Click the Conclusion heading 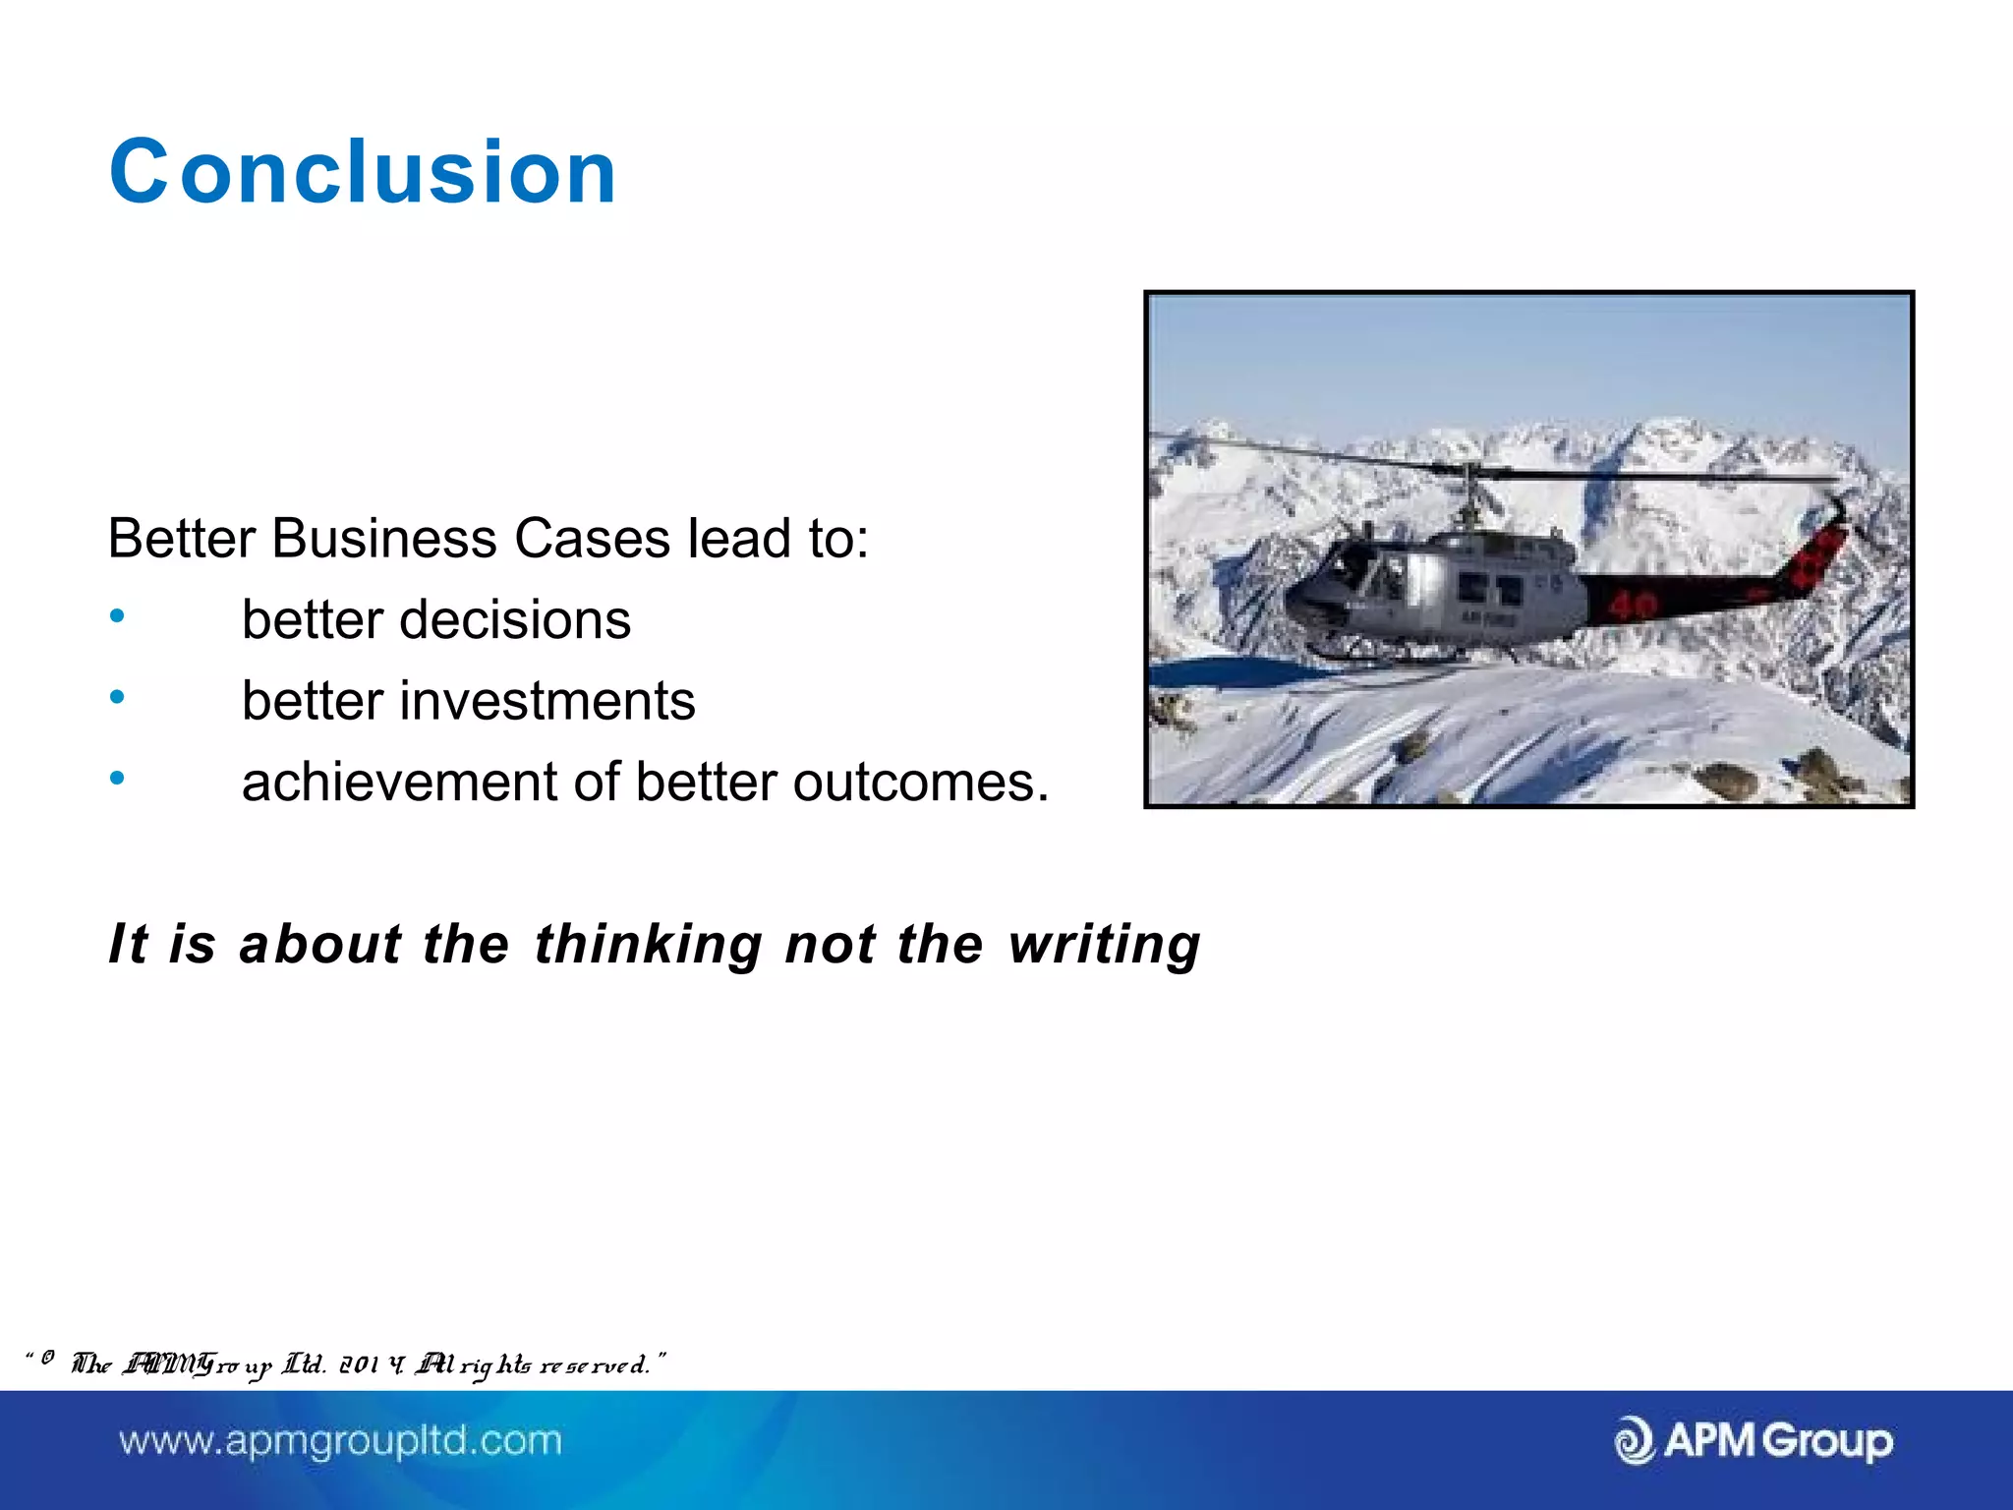(x=363, y=172)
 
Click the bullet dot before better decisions (x=118, y=617)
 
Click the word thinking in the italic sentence (x=648, y=944)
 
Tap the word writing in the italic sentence (x=1104, y=944)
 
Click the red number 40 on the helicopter (x=1632, y=605)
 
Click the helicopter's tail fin (x=1818, y=551)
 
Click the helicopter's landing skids (x=1396, y=653)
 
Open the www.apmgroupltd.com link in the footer (x=340, y=1441)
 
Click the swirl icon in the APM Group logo (x=1635, y=1441)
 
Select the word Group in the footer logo (x=1826, y=1441)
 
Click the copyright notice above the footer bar (x=344, y=1365)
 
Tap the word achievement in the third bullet (x=399, y=783)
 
